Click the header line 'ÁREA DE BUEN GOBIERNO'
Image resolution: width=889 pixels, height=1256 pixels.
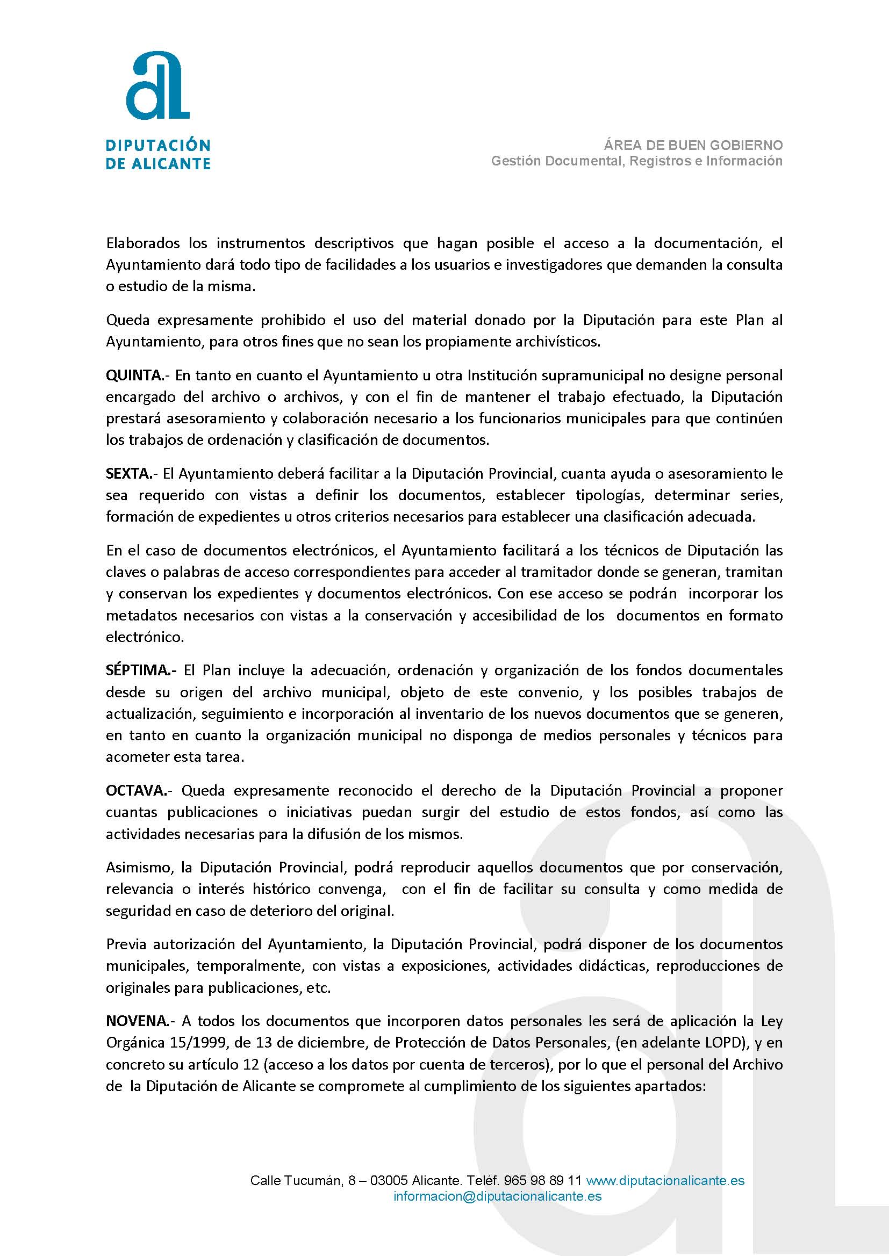pyautogui.click(x=693, y=145)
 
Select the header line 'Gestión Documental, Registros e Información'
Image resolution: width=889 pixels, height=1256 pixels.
pyautogui.click(x=636, y=161)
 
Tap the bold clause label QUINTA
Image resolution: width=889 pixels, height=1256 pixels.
pyautogui.click(x=134, y=376)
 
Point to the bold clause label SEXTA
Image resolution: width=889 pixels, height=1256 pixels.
pyautogui.click(x=129, y=473)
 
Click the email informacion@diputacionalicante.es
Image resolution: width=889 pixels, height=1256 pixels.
pyautogui.click(x=498, y=1196)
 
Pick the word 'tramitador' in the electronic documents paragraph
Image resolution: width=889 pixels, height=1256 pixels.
pyautogui.click(x=556, y=572)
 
